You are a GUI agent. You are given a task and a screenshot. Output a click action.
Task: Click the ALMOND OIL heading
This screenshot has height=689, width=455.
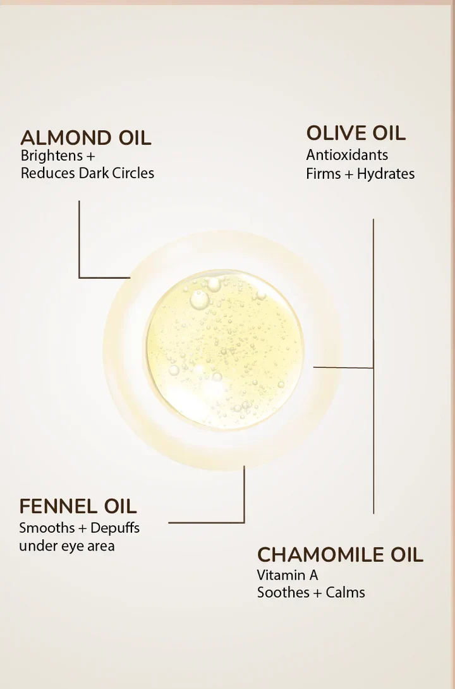click(x=86, y=138)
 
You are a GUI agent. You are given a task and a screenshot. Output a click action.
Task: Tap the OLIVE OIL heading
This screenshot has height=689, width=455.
click(x=356, y=133)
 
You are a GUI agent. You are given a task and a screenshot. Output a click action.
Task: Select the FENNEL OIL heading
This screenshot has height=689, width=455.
click(x=78, y=506)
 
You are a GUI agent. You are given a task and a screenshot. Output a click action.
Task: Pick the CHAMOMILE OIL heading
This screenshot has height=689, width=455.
click(x=340, y=555)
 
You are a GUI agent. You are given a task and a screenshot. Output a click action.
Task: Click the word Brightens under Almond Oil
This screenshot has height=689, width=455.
click(x=52, y=155)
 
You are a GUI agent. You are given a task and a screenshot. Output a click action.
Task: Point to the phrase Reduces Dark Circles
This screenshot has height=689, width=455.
click(x=87, y=173)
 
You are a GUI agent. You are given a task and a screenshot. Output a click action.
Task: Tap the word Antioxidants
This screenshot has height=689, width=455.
click(x=347, y=155)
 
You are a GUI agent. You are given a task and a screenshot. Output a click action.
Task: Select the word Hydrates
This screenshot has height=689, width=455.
click(x=385, y=173)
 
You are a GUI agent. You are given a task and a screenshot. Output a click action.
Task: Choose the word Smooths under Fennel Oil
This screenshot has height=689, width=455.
click(x=46, y=527)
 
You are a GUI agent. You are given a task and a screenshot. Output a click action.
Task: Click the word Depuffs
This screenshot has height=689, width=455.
click(x=115, y=527)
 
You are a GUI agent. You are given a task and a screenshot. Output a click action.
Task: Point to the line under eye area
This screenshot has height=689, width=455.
click(x=66, y=546)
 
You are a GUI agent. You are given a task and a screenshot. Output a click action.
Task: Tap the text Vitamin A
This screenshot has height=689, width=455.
click(x=288, y=575)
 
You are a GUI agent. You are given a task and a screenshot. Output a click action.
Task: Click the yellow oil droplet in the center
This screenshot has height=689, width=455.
click(x=224, y=350)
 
